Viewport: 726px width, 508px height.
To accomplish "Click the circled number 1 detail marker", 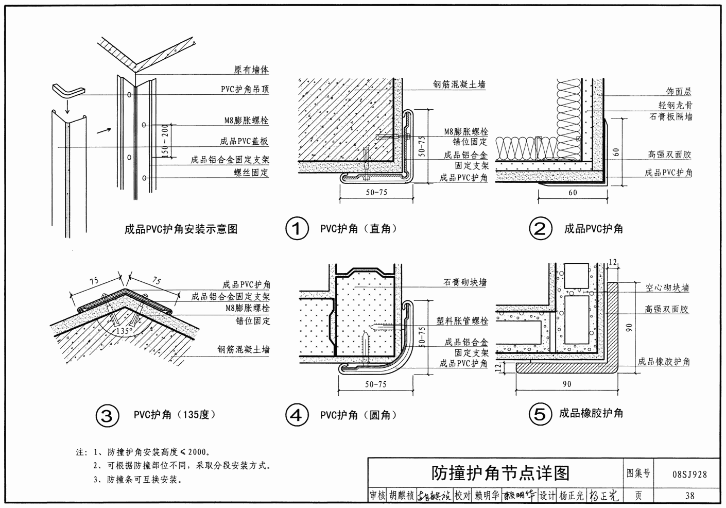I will point(297,229).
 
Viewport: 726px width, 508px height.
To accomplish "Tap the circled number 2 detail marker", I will point(541,229).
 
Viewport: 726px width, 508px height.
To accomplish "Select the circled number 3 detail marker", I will point(107,415).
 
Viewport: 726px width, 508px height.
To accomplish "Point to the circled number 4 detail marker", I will point(297,415).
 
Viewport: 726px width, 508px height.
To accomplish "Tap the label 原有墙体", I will point(251,70).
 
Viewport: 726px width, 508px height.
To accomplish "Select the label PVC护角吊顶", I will point(245,89).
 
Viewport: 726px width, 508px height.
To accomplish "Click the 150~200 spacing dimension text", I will point(165,140).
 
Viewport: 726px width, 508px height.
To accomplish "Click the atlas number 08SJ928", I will point(689,475).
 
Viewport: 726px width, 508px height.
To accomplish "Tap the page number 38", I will point(689,496).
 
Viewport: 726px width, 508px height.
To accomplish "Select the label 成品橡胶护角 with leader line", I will point(664,362).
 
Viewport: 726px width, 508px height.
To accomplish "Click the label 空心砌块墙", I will point(667,288).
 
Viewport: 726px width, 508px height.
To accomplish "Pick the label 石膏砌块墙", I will point(465,282).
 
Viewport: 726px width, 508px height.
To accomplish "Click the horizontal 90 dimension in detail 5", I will point(566,384).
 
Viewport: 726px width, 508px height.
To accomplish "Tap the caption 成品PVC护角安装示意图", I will point(181,229).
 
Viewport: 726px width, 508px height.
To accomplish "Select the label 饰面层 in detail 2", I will point(679,92).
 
